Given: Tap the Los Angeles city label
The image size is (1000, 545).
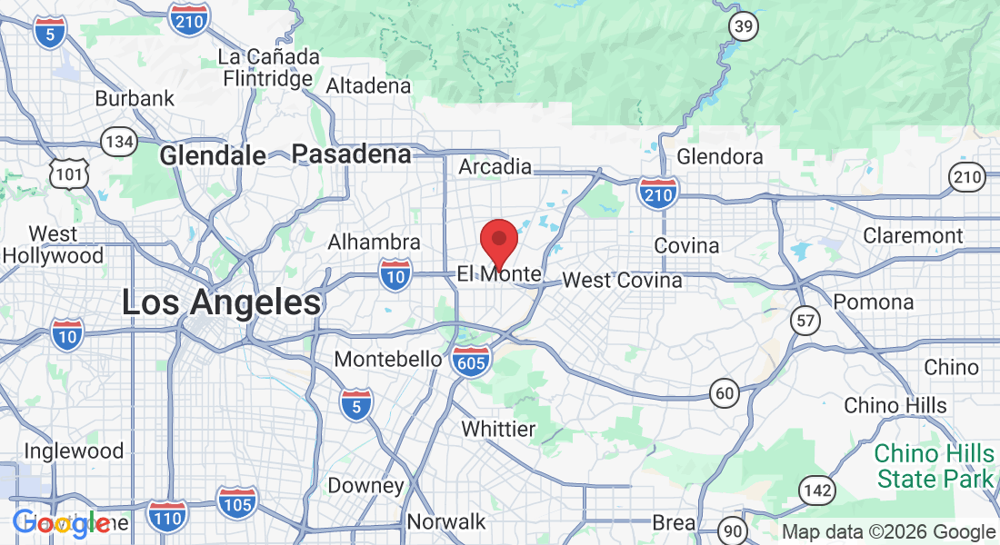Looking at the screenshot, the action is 222,303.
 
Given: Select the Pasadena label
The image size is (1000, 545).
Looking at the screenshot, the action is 352,154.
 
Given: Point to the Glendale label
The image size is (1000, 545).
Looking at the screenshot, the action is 213,156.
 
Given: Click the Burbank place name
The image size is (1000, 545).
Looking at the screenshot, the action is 135,98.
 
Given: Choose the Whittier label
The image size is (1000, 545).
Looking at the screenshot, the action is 498,429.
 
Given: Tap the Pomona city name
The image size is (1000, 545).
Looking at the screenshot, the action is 874,302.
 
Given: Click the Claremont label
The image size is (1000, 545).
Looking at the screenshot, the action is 913,235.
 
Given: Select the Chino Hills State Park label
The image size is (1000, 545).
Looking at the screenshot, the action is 934,465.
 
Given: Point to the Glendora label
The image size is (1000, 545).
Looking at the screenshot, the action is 720,156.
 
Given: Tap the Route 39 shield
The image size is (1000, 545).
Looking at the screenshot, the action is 744,27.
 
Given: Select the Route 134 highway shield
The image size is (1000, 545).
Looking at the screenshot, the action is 119,142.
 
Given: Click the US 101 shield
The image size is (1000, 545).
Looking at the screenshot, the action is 70,173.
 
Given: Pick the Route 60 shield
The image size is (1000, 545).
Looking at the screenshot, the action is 724,391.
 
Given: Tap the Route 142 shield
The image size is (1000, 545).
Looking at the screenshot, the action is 817,490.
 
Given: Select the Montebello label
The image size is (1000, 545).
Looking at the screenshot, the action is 388,359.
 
